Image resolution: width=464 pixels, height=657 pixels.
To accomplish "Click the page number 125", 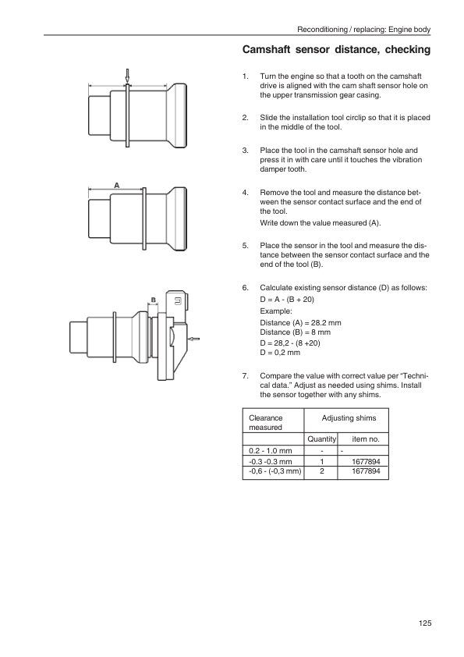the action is (425, 623).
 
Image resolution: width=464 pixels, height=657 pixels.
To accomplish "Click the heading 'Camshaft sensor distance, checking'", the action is (336, 49).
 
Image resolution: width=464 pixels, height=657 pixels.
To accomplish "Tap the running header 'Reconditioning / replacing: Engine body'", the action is (363, 30).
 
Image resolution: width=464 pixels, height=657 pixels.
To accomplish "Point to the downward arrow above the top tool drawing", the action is (127, 76).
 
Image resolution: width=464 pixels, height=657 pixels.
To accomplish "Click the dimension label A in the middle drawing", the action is (117, 185).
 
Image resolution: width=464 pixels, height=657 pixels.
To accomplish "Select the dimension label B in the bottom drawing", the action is (154, 300).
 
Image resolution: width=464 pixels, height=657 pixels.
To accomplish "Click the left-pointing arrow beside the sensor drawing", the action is (194, 339).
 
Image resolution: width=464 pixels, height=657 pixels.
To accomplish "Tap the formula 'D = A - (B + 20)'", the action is (287, 299).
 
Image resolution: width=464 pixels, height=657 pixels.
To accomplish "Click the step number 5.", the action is (245, 246).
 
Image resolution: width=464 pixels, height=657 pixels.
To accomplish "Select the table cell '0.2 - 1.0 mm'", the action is (270, 451).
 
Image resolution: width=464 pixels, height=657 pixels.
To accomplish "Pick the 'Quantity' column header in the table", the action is (321, 439).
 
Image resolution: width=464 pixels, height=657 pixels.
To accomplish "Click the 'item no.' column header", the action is (366, 439).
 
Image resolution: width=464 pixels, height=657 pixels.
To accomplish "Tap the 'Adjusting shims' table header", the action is (349, 417).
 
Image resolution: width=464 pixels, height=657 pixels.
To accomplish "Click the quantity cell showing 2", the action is (321, 471).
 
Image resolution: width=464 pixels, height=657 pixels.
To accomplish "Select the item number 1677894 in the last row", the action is (366, 471).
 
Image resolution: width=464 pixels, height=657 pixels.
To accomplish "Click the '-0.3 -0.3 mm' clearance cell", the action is (270, 462).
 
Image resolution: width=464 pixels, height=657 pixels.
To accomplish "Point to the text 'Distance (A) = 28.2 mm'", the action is (300, 322).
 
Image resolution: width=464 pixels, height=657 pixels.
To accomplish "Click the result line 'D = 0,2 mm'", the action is (280, 353).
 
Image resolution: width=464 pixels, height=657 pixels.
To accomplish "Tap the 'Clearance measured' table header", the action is (265, 422).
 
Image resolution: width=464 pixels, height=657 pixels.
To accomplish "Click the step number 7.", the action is (245, 376).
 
